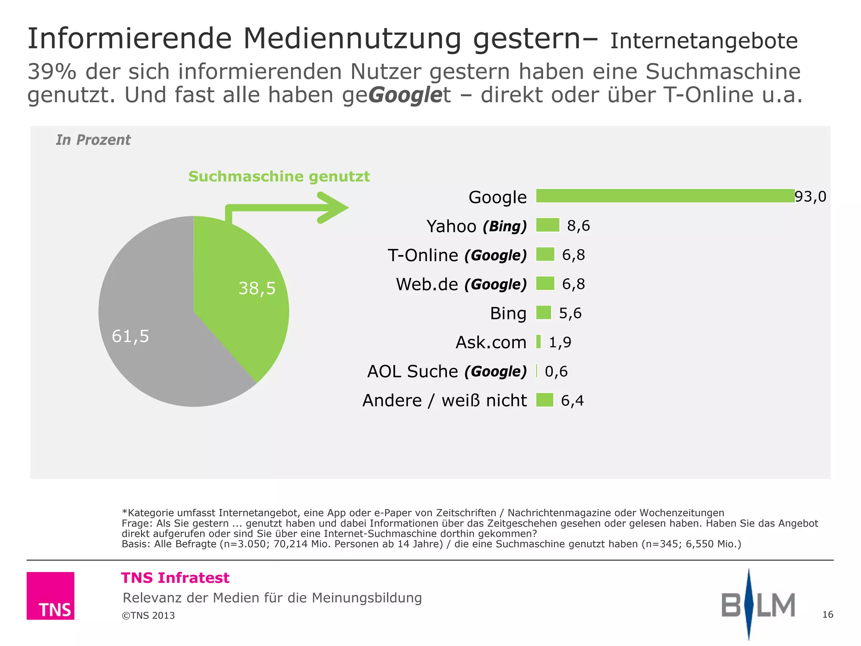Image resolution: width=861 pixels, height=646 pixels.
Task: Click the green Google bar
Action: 665,196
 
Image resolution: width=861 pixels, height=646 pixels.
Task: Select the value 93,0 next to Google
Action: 810,196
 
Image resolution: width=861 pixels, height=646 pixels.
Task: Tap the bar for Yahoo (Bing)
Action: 548,225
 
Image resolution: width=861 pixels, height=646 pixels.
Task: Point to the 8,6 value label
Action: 578,226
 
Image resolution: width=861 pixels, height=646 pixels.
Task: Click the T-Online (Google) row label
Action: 457,255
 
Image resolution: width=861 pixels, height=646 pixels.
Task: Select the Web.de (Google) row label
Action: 461,284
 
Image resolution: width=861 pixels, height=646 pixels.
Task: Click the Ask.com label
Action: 491,342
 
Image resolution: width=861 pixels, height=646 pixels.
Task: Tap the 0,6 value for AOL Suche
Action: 556,371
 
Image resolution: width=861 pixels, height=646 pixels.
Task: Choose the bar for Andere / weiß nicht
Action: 545,400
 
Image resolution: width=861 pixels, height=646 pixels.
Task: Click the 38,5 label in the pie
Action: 257,289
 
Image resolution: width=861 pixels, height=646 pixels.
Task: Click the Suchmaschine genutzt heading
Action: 279,176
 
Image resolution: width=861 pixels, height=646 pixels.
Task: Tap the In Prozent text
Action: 93,140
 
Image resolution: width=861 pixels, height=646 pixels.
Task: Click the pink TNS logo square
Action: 50,596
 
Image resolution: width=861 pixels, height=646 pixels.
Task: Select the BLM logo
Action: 758,604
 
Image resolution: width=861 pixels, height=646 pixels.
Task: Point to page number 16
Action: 827,614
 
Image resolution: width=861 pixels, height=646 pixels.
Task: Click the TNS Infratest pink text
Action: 175,578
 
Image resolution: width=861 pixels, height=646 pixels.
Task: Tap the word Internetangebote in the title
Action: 704,41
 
